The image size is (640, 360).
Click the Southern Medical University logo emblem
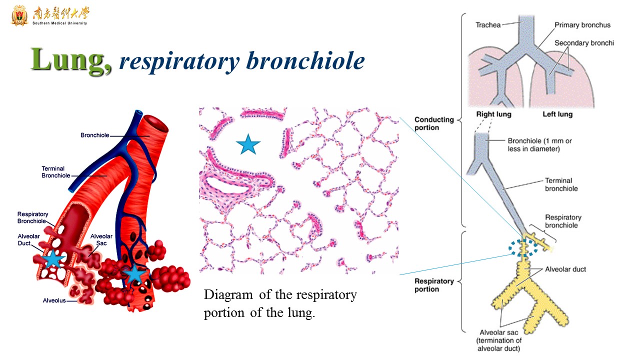(19, 15)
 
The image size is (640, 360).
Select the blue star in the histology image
(248, 144)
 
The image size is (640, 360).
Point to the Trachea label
(487, 24)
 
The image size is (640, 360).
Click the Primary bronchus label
(582, 25)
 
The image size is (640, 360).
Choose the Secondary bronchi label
(584, 43)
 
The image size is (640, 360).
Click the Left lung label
(557, 114)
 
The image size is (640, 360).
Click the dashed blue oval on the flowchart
(523, 247)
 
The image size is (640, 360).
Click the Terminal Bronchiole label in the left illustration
(53, 172)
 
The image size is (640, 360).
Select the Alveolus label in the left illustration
(54, 300)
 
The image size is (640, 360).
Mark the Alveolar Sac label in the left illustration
(101, 239)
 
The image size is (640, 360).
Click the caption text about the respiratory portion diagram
(280, 304)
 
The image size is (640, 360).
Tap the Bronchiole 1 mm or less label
(539, 144)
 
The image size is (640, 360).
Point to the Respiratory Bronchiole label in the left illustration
(33, 217)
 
